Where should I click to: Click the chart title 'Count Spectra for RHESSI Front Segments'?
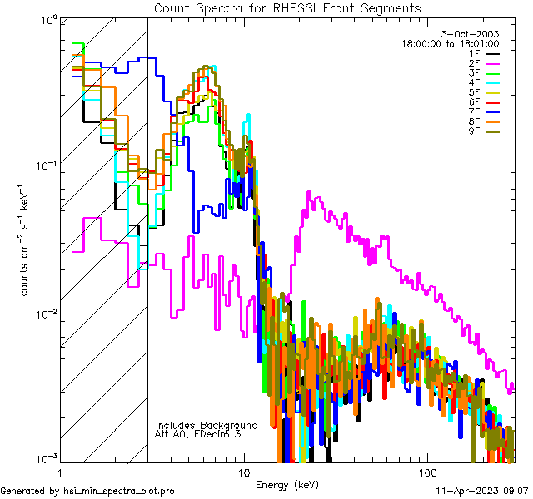click(287, 7)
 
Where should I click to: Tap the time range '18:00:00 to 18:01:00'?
click(450, 43)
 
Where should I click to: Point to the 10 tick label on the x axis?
click(243, 472)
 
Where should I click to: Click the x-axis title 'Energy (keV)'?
click(287, 484)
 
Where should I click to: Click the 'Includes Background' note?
click(206, 425)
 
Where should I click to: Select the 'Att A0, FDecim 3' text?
click(198, 434)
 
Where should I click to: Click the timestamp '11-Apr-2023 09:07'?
click(483, 491)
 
